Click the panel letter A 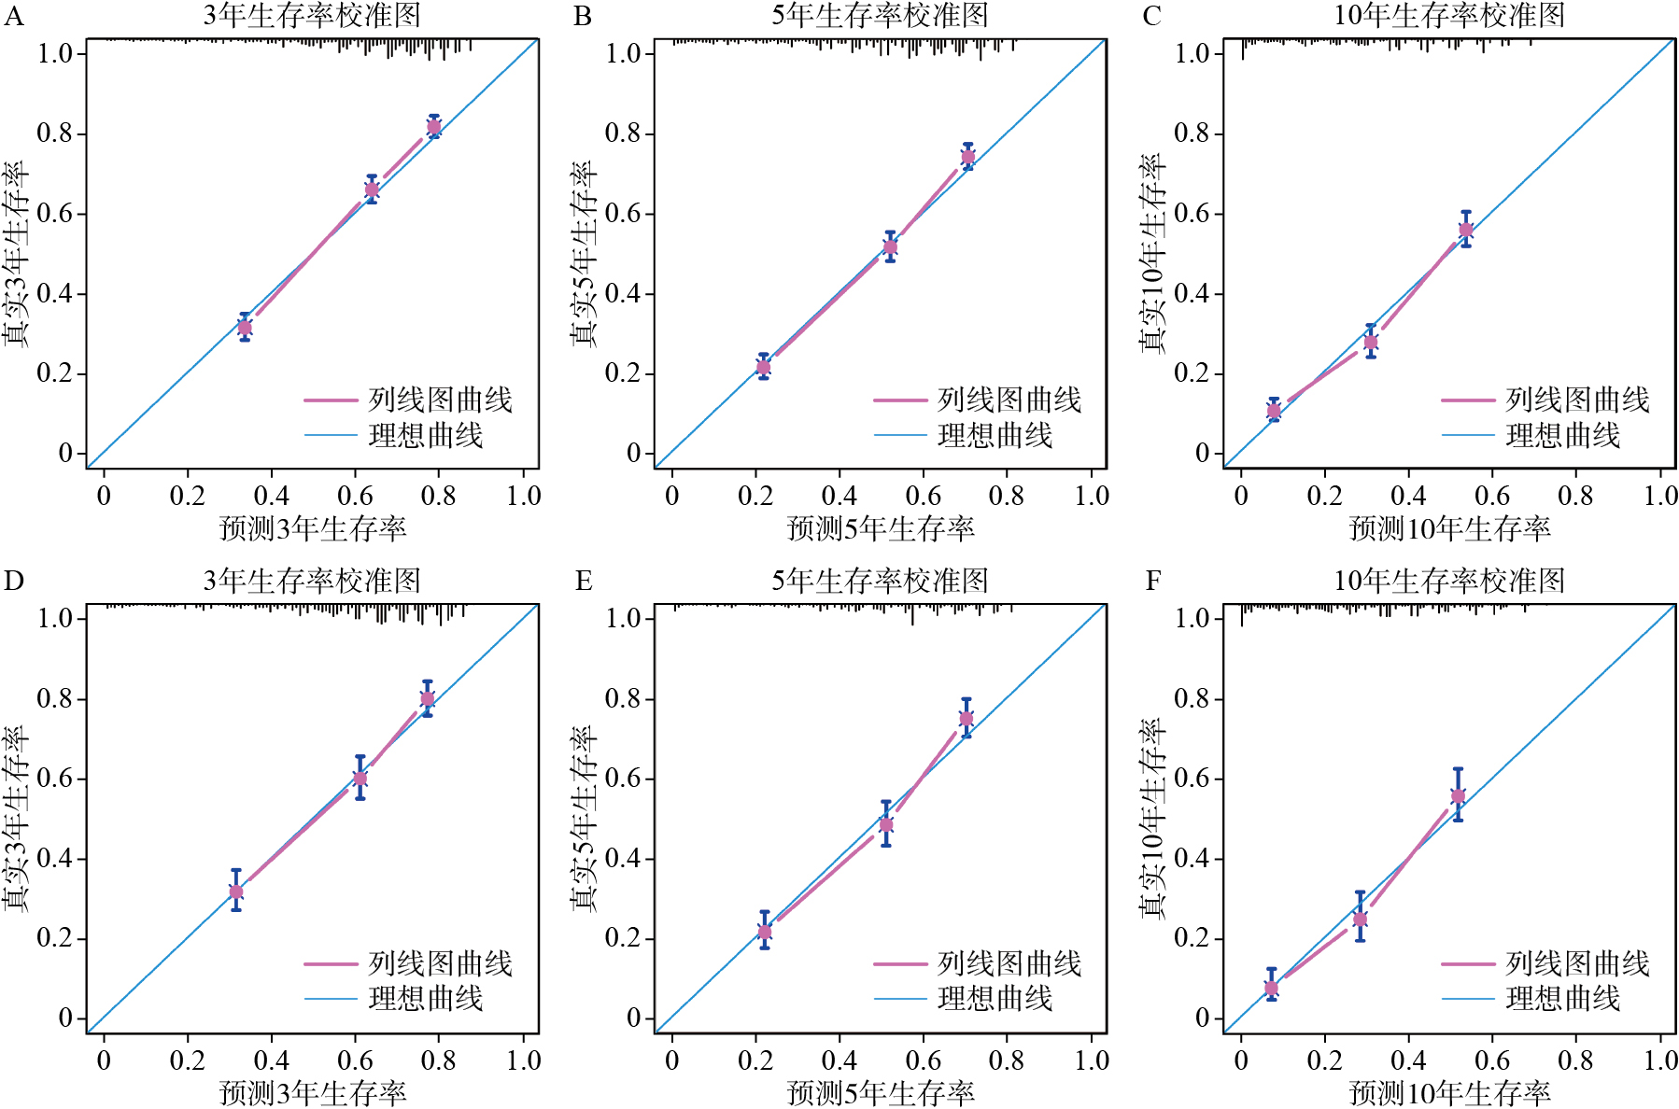[13, 17]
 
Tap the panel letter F [1153, 582]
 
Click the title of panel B [880, 15]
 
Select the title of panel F [1449, 581]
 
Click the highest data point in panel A [434, 127]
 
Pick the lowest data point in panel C [1274, 411]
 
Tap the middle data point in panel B [890, 247]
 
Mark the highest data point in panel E [966, 719]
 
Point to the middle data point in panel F [1361, 919]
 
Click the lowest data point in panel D [236, 892]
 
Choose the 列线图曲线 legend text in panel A [440, 400]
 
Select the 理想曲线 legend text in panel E [995, 999]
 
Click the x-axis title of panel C [1449, 529]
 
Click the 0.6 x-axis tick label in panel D [355, 1060]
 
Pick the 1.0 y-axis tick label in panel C [1193, 53]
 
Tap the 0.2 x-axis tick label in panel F [1324, 1060]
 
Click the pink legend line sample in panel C [1468, 400]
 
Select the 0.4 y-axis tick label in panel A [55, 294]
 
